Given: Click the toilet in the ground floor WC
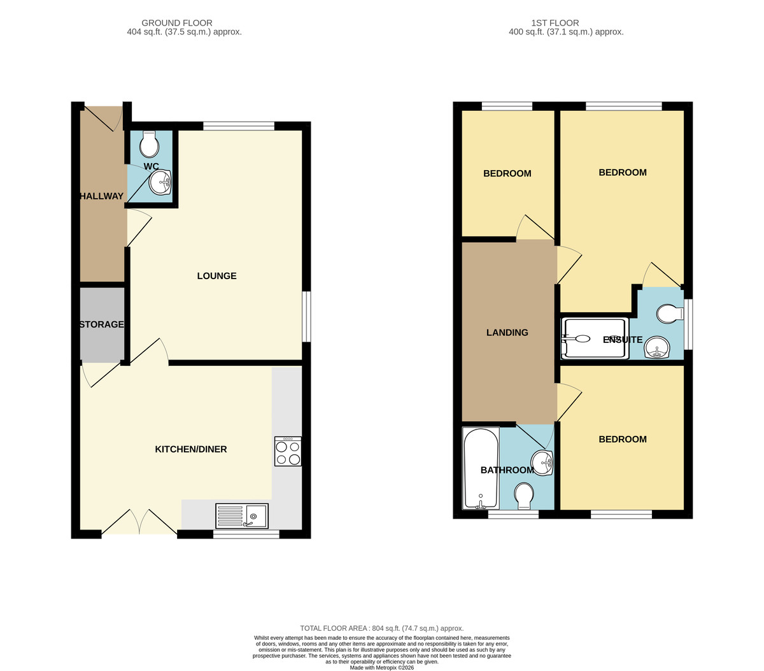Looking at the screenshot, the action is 149,144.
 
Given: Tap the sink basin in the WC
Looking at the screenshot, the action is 160,182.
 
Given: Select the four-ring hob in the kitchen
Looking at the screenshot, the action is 288,451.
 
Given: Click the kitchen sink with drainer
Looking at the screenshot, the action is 242,516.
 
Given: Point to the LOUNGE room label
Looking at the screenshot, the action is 216,276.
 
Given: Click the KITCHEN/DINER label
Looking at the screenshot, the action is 191,449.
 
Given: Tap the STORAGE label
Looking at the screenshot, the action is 101,324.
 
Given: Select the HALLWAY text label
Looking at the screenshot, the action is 101,196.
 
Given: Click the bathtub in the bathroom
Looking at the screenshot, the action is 481,468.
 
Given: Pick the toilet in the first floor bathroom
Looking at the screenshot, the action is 524,496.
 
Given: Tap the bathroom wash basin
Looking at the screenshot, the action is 542,463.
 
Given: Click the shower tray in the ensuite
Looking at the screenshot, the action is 595,338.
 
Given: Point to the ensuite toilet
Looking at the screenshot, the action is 670,314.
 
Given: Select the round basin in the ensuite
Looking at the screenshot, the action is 656,347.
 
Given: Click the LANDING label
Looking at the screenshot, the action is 507,333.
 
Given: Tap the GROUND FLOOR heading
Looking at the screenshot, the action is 177,23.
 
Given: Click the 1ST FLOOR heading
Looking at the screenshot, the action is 555,23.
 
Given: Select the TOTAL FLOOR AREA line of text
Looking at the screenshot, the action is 381,628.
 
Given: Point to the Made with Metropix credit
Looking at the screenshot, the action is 381,668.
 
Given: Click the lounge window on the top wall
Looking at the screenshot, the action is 239,126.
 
